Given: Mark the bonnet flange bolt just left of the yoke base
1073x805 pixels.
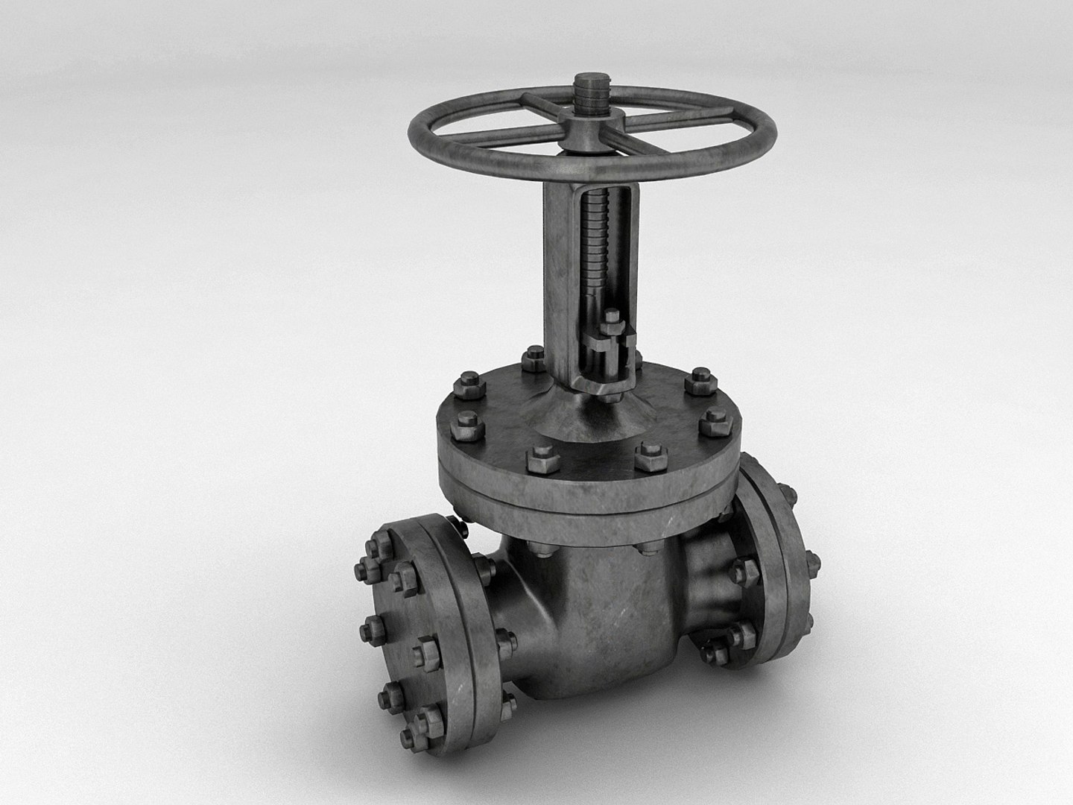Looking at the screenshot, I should click(534, 359).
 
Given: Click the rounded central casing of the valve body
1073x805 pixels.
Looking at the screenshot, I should click(596, 611).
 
